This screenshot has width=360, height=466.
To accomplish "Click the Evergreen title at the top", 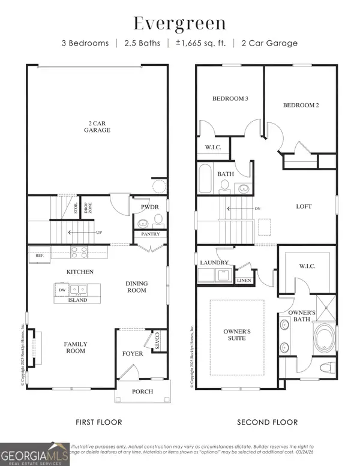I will coord(179,24).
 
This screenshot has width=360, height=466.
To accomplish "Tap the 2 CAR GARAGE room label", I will coord(97,125).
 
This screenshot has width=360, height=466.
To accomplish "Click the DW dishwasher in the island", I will coord(62,289).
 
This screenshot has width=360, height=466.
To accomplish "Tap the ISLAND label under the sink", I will coord(78,300).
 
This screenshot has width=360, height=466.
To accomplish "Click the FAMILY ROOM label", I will coord(76,348).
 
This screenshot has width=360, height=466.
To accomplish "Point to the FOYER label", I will coord(133,353).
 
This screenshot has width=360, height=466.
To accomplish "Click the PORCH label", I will coord(143,392).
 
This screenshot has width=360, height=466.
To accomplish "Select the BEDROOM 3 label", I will coord(230,98).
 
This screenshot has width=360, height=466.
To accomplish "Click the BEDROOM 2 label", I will coord(301,105).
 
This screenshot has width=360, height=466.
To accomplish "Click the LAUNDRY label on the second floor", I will coord(215,263).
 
